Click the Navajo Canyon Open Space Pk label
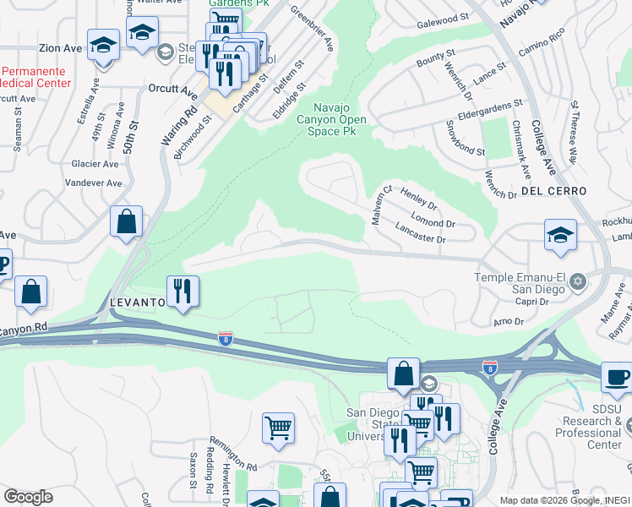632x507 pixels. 341,119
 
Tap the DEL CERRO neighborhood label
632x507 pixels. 553,191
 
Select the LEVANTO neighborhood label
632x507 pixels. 136,302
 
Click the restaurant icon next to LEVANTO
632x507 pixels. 183,291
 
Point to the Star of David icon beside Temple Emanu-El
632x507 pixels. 579,280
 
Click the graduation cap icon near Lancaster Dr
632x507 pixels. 560,235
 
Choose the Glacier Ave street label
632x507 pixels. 95,164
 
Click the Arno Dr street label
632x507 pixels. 509,321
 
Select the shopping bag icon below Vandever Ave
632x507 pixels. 126,223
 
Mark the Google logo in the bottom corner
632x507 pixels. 28,497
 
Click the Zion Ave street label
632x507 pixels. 60,49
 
